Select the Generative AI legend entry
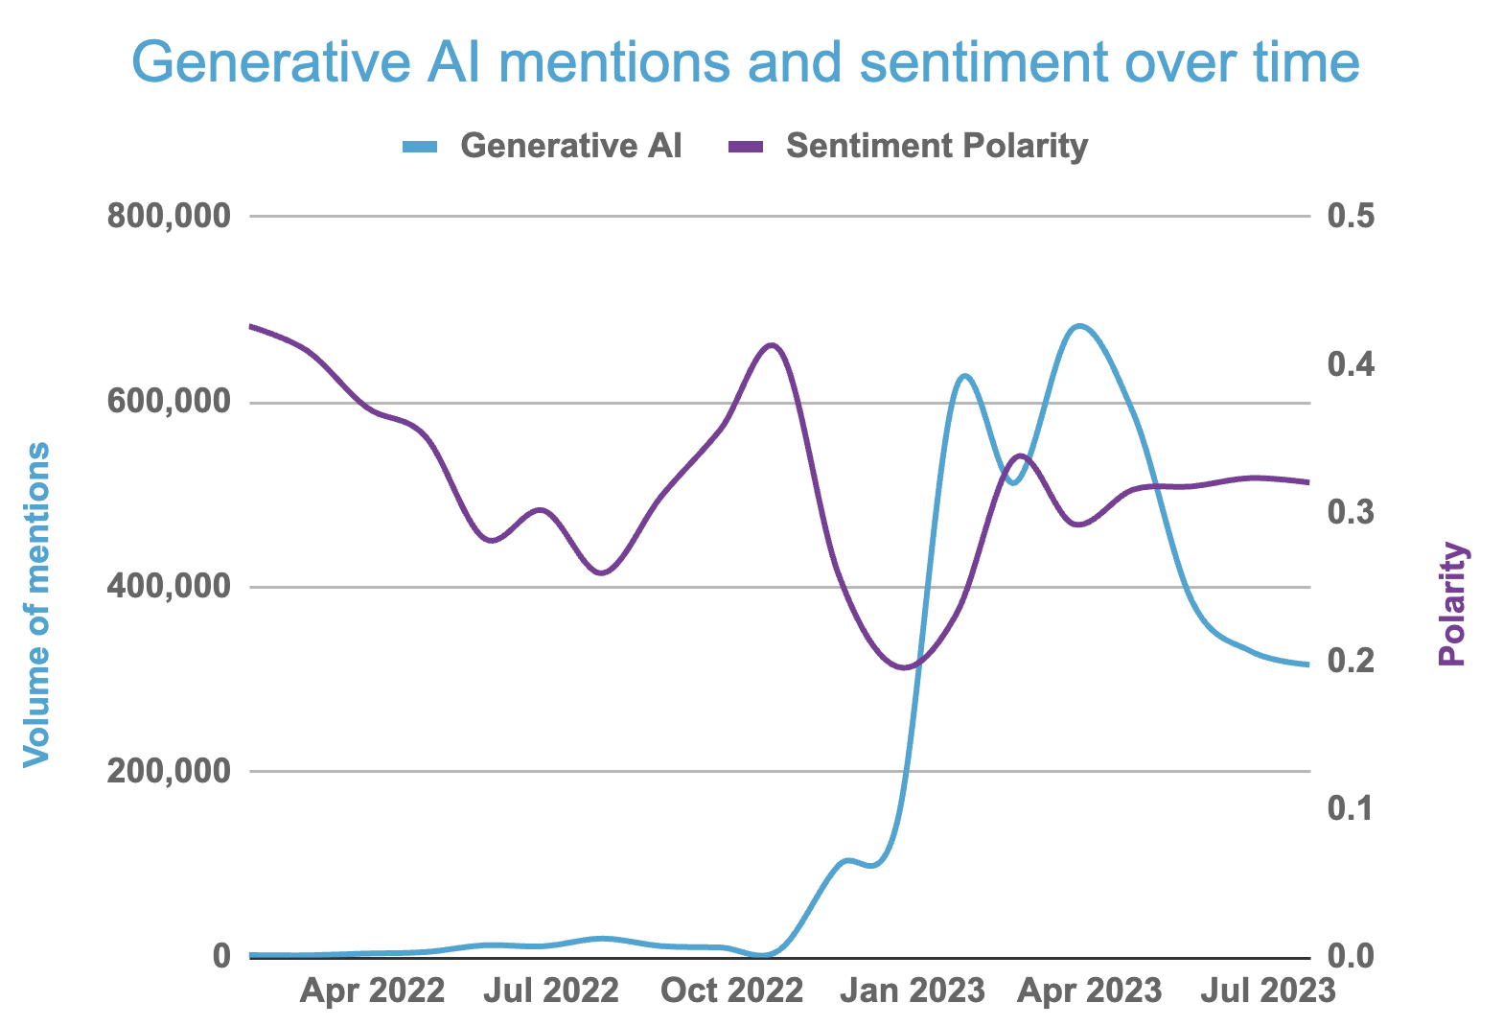point(571,146)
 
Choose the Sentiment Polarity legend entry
point(936,146)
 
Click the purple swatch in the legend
point(745,147)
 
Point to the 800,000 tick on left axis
point(169,217)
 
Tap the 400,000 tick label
point(169,587)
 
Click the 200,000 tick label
point(169,771)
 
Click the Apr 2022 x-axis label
point(372,990)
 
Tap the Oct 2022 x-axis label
point(731,990)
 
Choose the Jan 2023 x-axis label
point(912,990)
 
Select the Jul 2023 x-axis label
point(1269,990)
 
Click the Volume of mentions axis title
point(35,604)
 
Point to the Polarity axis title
point(1453,604)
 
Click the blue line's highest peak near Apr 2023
point(1080,326)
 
